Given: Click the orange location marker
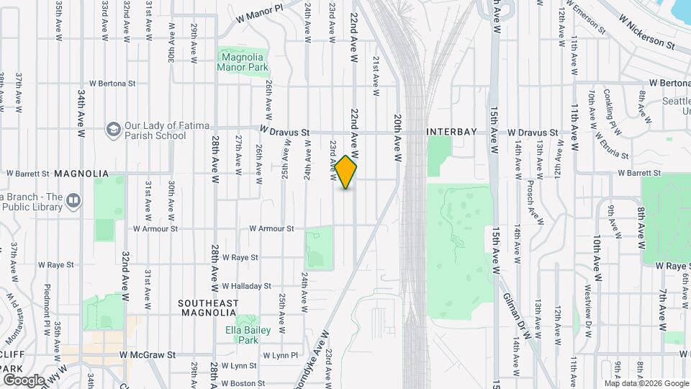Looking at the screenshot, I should pyautogui.click(x=346, y=172).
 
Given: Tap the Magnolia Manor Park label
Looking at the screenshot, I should pyautogui.click(x=243, y=62).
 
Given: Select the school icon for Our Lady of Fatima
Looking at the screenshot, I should pyautogui.click(x=113, y=129).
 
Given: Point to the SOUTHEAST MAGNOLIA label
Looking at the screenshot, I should pyautogui.click(x=208, y=308).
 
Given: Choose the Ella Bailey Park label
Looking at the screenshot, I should pyautogui.click(x=247, y=335).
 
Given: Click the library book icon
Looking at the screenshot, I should pyautogui.click(x=73, y=200).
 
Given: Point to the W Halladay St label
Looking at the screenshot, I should pyautogui.click(x=246, y=286).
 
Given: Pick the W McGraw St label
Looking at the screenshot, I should pyautogui.click(x=148, y=355).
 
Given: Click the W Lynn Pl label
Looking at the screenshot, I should pyautogui.click(x=280, y=356).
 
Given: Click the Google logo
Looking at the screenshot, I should pyautogui.click(x=24, y=380).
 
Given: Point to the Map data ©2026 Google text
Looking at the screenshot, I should pyautogui.click(x=645, y=383).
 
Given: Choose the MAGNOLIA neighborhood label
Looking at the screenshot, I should pyautogui.click(x=81, y=174).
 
